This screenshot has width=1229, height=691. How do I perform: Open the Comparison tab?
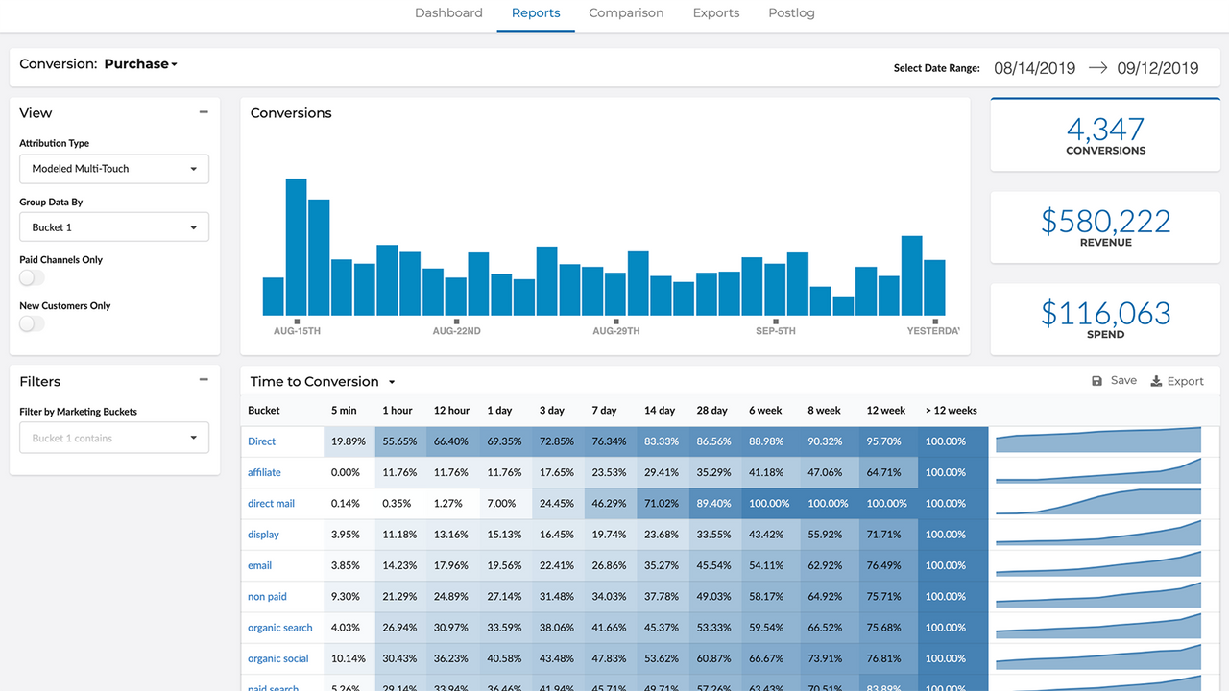coord(626,13)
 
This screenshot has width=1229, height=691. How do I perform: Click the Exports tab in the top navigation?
coord(715,13)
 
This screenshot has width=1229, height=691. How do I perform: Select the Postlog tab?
coord(791,13)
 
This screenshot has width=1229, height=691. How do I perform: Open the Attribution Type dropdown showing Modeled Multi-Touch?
coord(114,169)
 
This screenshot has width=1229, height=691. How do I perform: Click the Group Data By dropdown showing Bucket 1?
coord(114,227)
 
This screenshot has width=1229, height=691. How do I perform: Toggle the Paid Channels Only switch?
coord(32,277)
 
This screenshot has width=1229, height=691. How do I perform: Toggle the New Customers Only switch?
coord(32,323)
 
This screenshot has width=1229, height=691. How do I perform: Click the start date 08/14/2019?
coord(1034,68)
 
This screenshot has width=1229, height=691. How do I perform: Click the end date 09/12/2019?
coord(1157,68)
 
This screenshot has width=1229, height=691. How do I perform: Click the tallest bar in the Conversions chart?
coord(296,247)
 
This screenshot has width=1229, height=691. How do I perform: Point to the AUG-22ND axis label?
coord(456,331)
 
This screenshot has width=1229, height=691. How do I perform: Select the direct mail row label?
coord(271,504)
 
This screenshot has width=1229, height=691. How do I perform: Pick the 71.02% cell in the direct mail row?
coord(662,504)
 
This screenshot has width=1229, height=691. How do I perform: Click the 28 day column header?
coord(711,411)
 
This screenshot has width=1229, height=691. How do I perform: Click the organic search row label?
coord(279,628)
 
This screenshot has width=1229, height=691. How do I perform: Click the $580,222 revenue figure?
coord(1105,222)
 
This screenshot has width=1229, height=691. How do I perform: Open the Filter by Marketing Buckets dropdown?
coord(114,439)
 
